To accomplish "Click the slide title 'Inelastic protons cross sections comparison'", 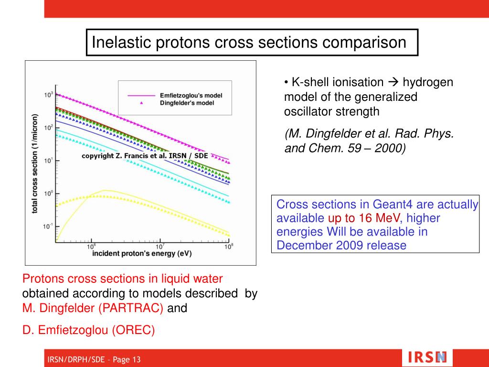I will pos(249,43).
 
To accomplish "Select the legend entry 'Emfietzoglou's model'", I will pos(191,95).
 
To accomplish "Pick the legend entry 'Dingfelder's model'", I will pos(187,103).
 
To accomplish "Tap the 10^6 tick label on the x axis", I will pos(92,247).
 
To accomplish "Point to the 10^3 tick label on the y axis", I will pos(48,95).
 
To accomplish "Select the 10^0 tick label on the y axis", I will pos(48,194).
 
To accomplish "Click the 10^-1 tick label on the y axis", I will pos(48,227).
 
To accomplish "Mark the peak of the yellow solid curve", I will pos(104,190).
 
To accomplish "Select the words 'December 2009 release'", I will pos(341,246).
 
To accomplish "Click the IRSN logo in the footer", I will pos(428,357).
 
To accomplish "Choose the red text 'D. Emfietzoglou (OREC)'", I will pos(88,330).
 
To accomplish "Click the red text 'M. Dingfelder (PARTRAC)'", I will pos(93,308).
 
